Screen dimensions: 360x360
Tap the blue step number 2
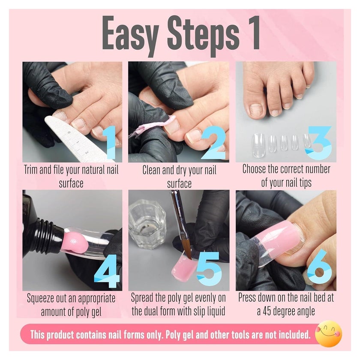213,142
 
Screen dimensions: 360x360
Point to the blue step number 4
107,271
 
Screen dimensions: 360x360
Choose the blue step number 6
320,267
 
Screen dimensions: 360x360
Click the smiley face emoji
329,333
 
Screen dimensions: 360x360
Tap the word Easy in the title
130,34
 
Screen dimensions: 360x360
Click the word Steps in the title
203,34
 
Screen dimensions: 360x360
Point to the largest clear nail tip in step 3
258,145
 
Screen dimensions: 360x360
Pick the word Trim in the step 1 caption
31,170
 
